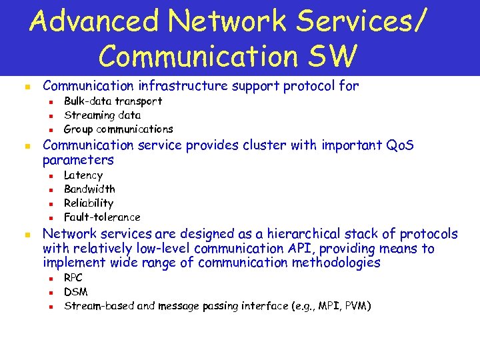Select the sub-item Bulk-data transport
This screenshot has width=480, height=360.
click(x=113, y=101)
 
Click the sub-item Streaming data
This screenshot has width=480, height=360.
click(x=102, y=115)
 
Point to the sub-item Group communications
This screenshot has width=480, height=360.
click(x=118, y=129)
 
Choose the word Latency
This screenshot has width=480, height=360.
click(x=83, y=175)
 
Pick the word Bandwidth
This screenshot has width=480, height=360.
click(x=89, y=189)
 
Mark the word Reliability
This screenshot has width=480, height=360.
click(x=89, y=203)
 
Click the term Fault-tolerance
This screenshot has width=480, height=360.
click(x=102, y=217)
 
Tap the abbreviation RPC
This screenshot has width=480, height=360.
click(x=73, y=278)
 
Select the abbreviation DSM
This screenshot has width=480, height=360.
click(x=75, y=292)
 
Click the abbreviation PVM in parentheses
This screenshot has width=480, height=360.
click(x=357, y=306)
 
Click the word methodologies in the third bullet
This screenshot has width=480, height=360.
click(x=325, y=263)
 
